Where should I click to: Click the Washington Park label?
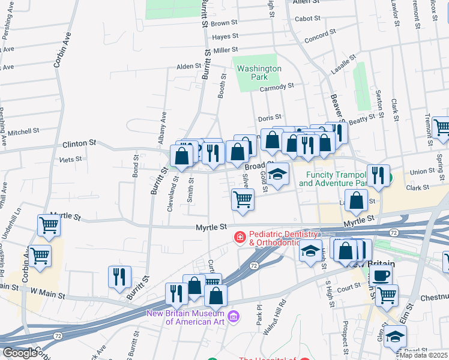point(259,73)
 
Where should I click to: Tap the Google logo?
point(20,353)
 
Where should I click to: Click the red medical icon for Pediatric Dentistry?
point(240,238)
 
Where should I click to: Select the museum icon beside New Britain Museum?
point(234,316)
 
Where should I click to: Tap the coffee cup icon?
point(381,275)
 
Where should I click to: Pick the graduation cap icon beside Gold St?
point(277,175)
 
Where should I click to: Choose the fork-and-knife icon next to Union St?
point(378,175)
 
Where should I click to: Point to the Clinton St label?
point(79,144)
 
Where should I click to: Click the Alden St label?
point(188,66)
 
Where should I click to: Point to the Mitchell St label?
point(23,130)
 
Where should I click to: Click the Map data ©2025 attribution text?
point(424,355)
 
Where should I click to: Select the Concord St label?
point(316,38)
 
